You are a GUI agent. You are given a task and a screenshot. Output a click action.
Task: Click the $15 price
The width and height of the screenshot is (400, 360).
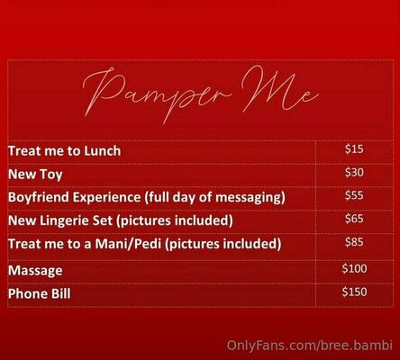click(x=354, y=149)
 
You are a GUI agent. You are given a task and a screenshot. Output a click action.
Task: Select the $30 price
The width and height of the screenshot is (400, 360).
click(x=354, y=173)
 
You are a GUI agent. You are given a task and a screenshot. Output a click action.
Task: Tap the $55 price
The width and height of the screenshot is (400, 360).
click(x=354, y=195)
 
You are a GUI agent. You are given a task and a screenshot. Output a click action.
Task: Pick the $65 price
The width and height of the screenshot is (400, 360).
click(x=354, y=219)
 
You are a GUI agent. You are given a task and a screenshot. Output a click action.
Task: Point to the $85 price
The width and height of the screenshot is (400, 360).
click(x=354, y=242)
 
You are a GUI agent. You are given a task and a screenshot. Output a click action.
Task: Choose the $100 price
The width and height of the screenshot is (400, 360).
click(x=354, y=268)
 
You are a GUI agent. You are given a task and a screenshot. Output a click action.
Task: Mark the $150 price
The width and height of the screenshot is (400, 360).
click(x=354, y=292)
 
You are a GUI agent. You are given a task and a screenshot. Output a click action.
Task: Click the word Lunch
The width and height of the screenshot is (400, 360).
click(x=102, y=150)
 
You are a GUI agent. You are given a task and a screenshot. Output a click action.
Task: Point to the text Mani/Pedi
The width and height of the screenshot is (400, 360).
click(x=128, y=244)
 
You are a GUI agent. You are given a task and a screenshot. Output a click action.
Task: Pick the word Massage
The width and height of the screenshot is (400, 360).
click(x=35, y=271)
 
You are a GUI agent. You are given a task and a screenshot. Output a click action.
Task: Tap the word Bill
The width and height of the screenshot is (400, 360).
click(x=60, y=293)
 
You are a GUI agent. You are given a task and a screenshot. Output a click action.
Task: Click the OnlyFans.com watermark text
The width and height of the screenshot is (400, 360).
click(x=310, y=346)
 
